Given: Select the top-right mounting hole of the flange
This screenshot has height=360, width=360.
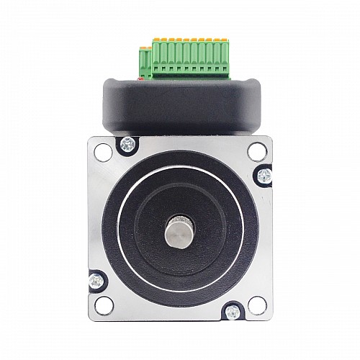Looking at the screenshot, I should [x=257, y=150].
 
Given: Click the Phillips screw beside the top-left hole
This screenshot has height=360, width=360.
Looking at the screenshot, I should [x=127, y=143].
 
